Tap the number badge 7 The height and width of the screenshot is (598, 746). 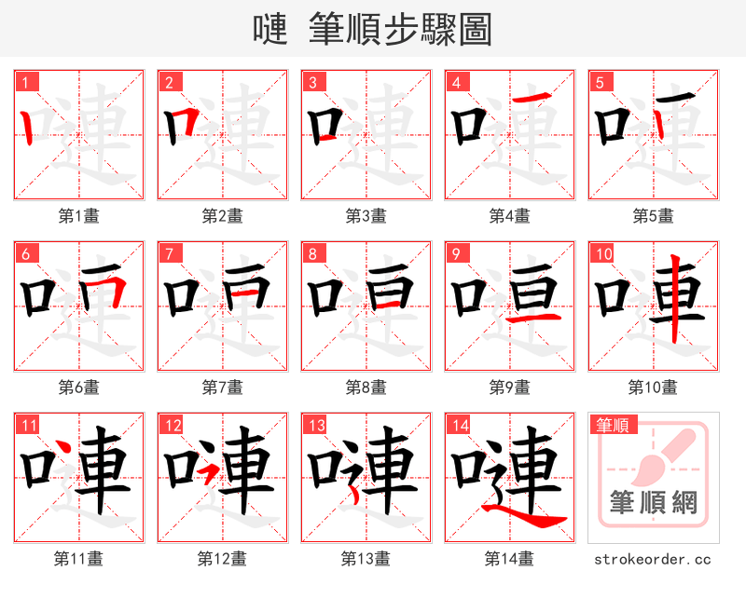[x=169, y=253]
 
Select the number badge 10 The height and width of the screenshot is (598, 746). [x=602, y=253]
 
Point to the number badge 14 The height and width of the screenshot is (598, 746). [x=458, y=425]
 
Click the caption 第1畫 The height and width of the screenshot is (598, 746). [x=78, y=216]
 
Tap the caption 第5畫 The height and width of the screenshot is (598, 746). [x=653, y=216]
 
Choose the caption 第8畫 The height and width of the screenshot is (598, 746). [x=366, y=387]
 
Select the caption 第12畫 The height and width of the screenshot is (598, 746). [x=222, y=559]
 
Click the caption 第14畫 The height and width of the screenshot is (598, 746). [x=509, y=559]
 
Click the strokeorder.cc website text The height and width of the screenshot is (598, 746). [x=653, y=559]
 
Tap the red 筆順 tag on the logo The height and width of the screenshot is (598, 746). [x=610, y=426]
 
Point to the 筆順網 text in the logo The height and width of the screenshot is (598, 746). [x=653, y=503]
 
